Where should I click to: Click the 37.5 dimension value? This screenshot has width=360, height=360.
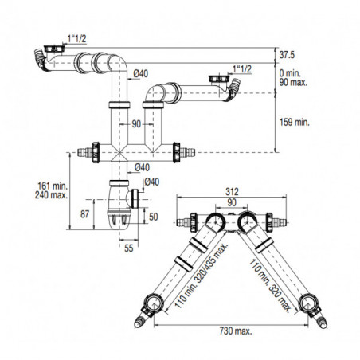287,55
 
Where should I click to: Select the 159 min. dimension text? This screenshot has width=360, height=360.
295,123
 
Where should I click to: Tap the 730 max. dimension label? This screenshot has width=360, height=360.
236,331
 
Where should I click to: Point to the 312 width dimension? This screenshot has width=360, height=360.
232,191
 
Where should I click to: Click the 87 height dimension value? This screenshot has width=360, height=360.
84,214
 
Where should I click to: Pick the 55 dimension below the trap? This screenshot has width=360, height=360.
129,248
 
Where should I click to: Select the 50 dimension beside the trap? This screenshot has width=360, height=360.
154,217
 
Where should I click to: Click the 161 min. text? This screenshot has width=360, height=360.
53,186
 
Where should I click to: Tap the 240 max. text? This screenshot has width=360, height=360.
51,195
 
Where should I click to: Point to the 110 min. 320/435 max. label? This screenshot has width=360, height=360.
201,276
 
